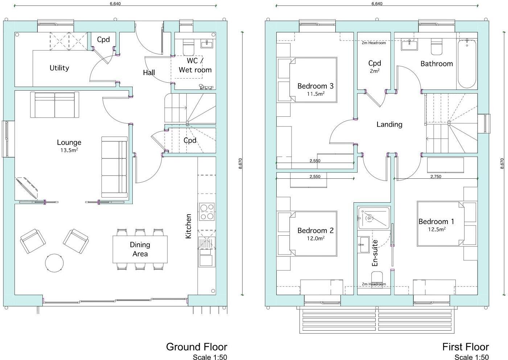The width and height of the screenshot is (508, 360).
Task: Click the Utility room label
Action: click(x=59, y=68)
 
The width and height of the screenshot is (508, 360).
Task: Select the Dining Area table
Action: click(x=140, y=249)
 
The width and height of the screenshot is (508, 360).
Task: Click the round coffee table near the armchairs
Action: click(x=55, y=262)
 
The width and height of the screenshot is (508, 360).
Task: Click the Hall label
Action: click(x=149, y=73)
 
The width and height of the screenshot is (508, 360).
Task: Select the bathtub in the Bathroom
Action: click(x=467, y=64)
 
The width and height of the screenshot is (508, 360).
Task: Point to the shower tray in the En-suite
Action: click(x=373, y=218)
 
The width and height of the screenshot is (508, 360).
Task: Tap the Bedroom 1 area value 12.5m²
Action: click(x=437, y=229)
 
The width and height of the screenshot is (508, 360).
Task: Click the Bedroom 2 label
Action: click(x=315, y=231)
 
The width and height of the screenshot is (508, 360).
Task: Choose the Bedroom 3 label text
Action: click(x=315, y=86)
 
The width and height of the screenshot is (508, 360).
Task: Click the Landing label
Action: click(x=389, y=124)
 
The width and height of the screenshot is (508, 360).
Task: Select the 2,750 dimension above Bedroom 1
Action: click(x=435, y=177)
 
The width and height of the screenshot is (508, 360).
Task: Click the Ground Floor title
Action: click(x=197, y=347)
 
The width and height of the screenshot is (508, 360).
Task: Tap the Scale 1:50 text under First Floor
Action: click(x=471, y=357)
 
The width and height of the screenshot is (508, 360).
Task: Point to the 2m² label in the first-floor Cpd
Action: click(x=375, y=71)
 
